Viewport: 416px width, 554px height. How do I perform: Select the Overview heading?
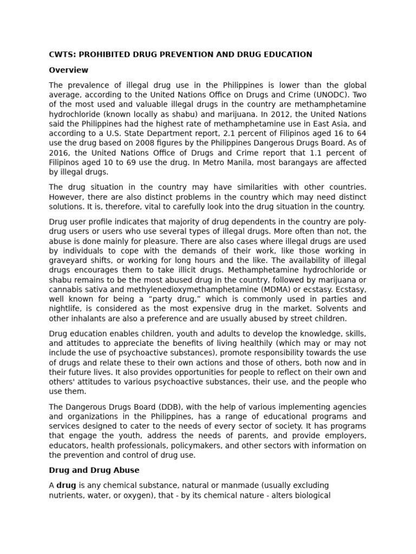pos(68,70)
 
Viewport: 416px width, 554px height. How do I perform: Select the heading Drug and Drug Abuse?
pos(94,470)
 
